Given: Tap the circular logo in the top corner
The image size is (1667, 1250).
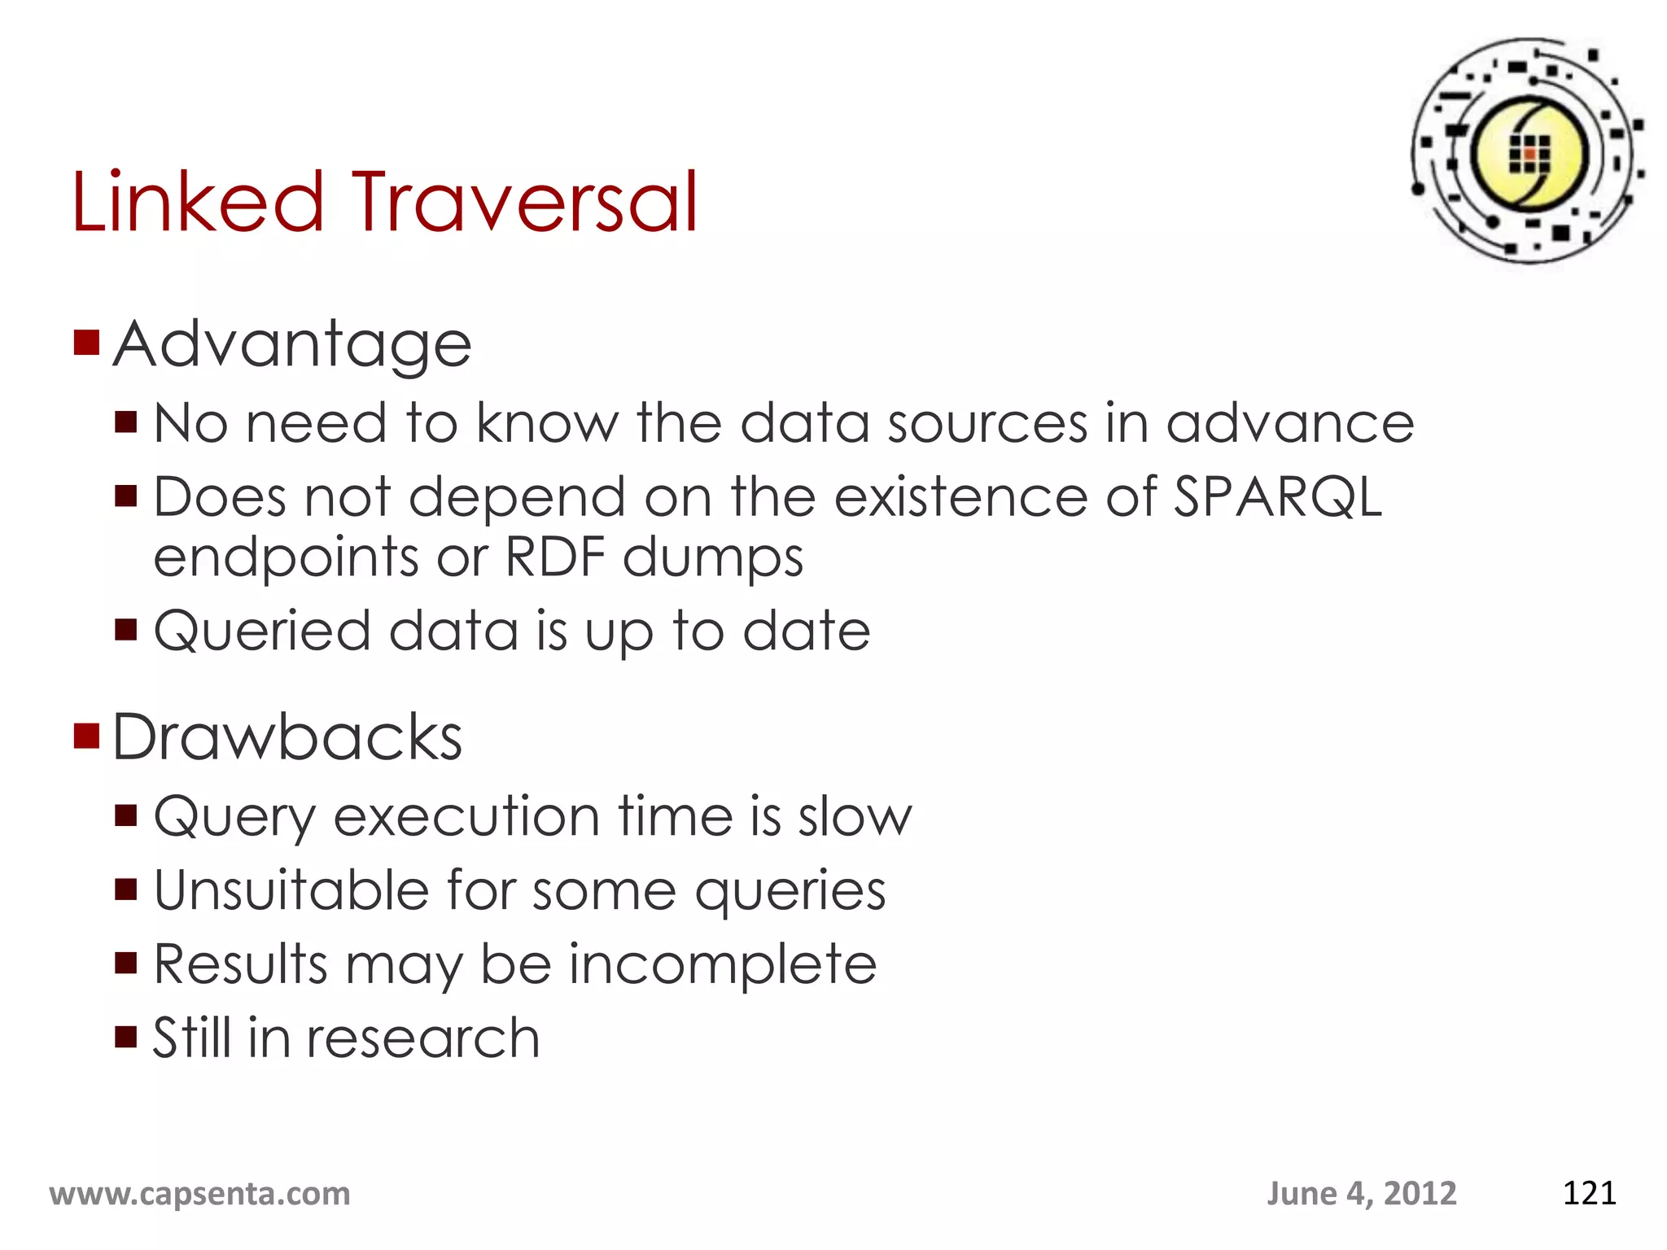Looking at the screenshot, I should coord(1528,152).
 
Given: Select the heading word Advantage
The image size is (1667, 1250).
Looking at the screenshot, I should coord(292,346).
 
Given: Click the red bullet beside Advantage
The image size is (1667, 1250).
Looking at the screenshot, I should coord(86,343).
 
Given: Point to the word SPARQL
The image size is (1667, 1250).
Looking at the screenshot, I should coord(1276,496).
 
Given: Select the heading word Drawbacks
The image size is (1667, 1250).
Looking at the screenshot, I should coord(287,737).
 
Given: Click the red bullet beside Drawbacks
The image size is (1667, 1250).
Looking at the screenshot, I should coord(86,735).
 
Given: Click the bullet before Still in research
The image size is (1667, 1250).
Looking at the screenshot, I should coord(126,1037).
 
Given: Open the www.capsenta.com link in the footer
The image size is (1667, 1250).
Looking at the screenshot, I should coord(200,1194).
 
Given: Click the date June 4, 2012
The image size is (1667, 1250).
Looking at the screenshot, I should coord(1361,1194).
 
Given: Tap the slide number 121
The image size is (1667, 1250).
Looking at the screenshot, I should coord(1589,1193).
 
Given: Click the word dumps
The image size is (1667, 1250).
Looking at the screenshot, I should coord(713,559).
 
